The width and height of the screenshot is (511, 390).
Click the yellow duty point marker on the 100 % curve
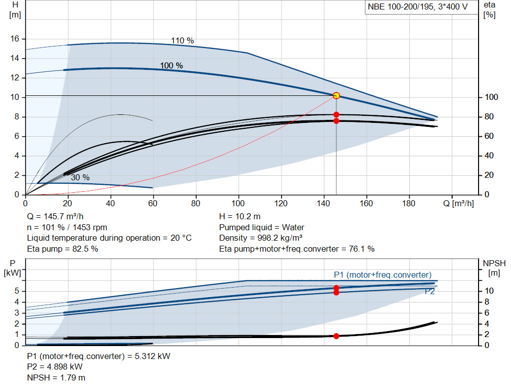tap(336, 95)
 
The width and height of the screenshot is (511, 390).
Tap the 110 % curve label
tap(182, 41)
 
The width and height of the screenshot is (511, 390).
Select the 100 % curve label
tap(171, 66)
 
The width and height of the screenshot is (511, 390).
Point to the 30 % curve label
tap(80, 177)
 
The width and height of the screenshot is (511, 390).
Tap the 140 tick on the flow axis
tap(324, 203)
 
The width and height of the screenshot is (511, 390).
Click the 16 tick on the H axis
tap(14, 39)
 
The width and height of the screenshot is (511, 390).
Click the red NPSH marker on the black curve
tap(336, 336)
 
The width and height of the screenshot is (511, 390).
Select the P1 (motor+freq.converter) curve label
tap(383, 275)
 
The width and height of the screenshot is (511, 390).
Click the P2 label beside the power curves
tap(430, 292)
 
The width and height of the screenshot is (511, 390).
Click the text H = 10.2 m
tap(240, 217)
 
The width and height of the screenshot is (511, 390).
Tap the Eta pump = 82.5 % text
tap(61, 248)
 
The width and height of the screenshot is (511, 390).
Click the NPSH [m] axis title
tap(494, 268)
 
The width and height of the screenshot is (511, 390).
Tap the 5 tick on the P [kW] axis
tap(17, 291)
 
